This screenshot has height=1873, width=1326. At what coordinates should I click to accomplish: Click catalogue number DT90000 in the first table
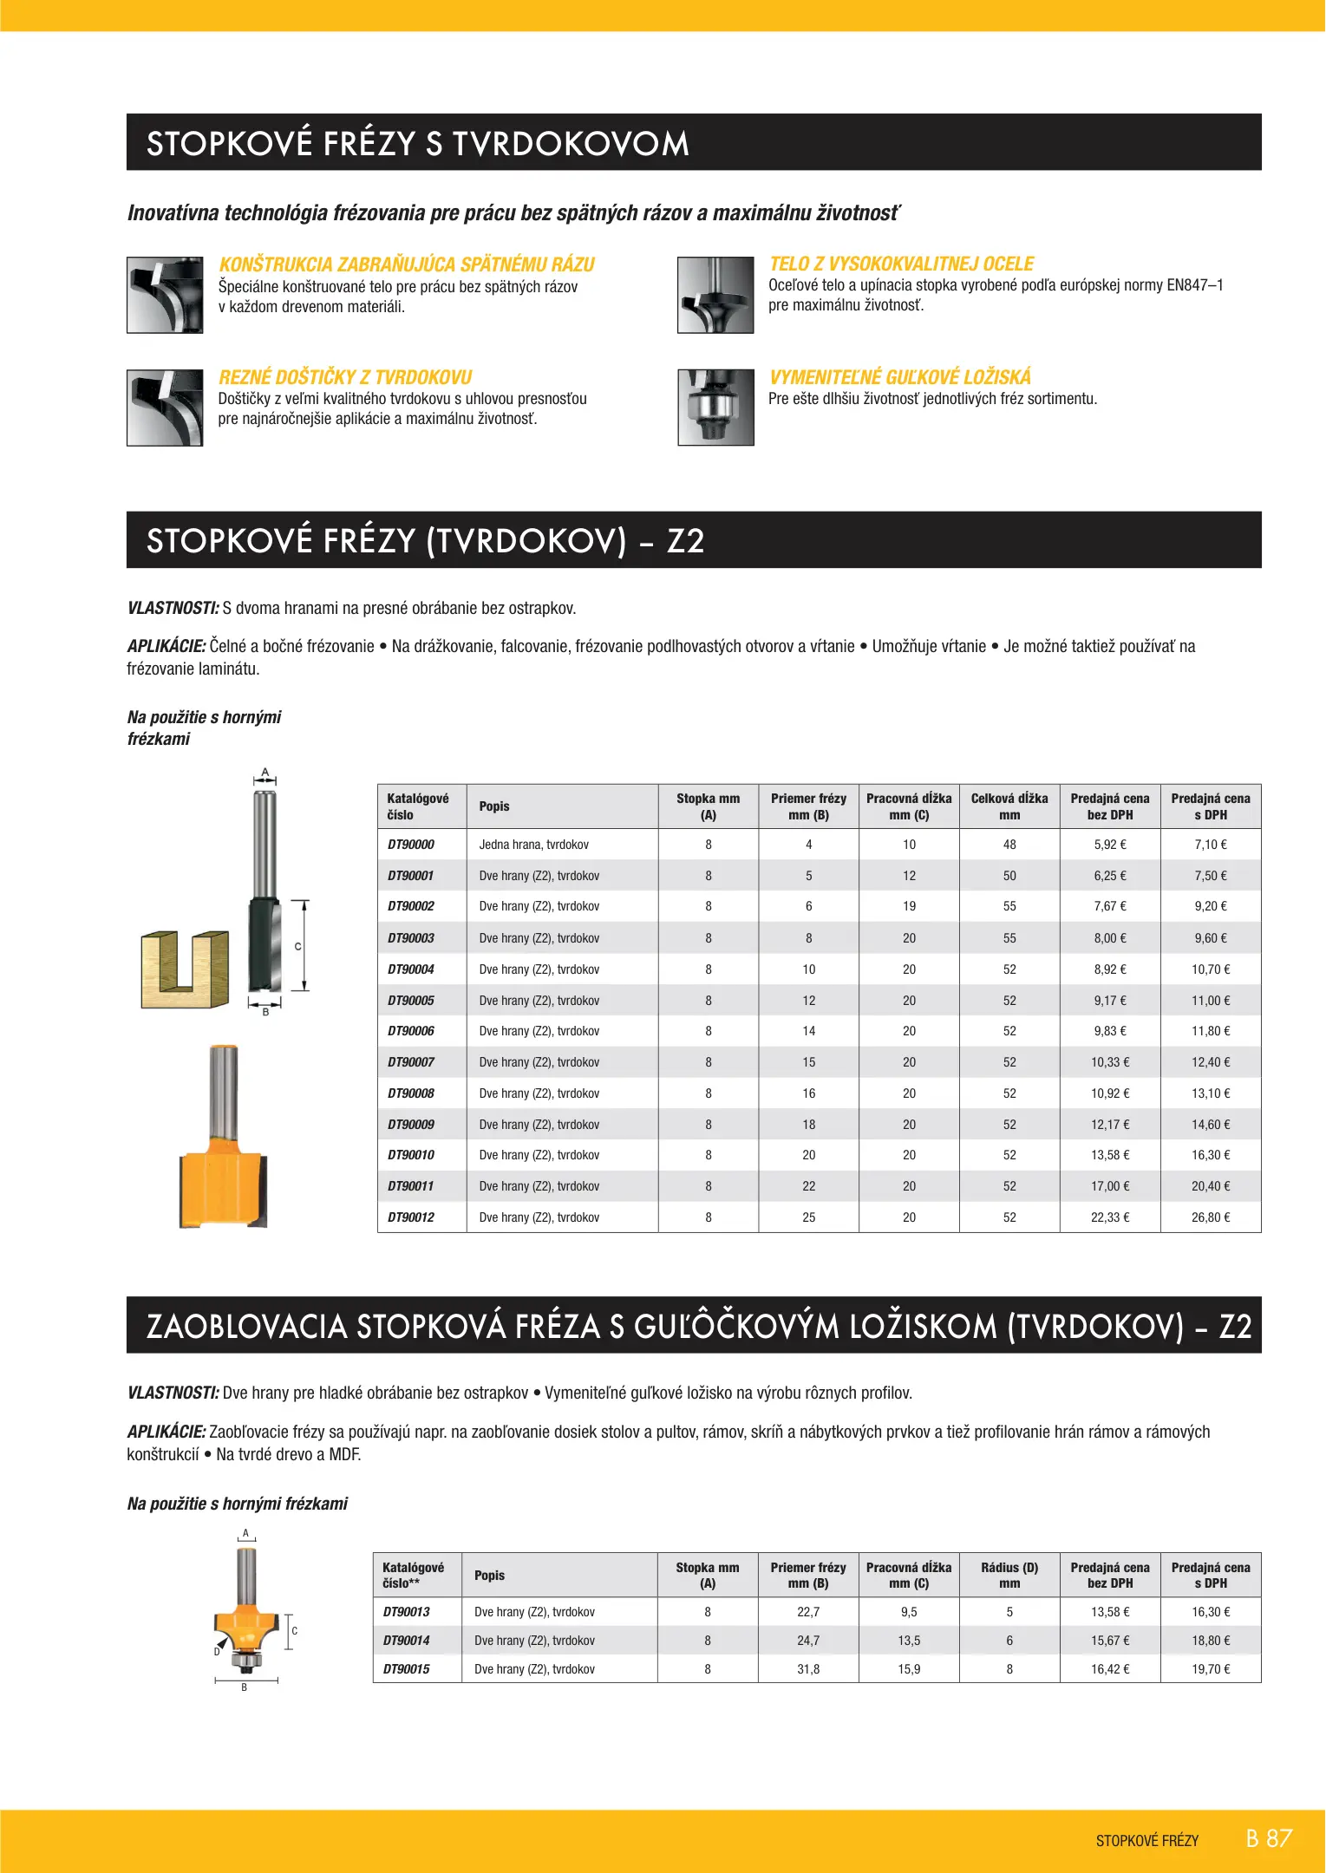click(411, 845)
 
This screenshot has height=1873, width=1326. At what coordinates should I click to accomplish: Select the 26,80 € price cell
click(1210, 1217)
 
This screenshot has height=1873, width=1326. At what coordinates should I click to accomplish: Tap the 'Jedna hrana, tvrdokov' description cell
click(533, 845)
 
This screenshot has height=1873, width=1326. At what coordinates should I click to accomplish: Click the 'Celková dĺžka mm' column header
click(1009, 806)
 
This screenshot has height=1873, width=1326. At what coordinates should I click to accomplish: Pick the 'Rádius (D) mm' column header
click(1009, 1576)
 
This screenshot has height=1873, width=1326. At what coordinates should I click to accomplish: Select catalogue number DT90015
click(407, 1669)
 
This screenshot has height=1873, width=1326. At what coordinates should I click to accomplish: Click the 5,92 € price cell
click(1109, 845)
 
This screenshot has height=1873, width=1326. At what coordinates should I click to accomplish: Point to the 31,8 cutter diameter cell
click(807, 1669)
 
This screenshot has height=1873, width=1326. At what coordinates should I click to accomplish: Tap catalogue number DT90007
click(411, 1062)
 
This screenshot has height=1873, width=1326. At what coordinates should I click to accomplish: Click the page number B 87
click(1268, 1838)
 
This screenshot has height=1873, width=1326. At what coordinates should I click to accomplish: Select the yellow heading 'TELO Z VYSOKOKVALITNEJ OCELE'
click(901, 264)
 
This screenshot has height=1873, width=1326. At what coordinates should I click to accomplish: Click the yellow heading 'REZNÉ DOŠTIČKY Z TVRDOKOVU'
click(345, 377)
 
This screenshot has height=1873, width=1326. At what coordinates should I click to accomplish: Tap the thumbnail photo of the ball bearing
click(715, 408)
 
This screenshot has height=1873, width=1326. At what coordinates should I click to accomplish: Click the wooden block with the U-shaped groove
click(184, 969)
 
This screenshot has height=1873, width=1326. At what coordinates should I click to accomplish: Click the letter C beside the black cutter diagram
click(297, 946)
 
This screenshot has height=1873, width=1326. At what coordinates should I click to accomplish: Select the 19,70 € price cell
click(1210, 1669)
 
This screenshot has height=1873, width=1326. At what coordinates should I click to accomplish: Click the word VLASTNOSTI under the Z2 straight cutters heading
click(173, 609)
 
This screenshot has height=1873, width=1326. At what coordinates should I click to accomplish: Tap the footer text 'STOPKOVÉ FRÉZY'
click(1146, 1841)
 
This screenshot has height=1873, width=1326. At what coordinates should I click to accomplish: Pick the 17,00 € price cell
click(1109, 1186)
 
